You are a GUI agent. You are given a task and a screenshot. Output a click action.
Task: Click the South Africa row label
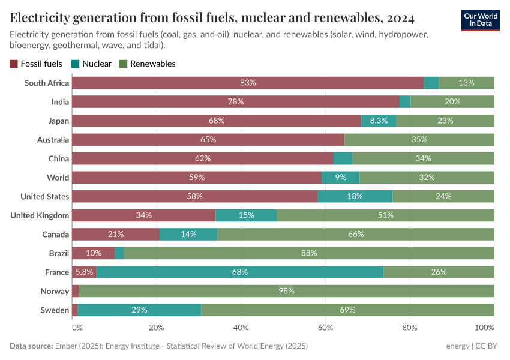(47, 83)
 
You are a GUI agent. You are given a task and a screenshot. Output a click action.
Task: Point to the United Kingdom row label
(40, 215)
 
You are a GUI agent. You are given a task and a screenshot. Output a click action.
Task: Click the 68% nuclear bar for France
(240, 272)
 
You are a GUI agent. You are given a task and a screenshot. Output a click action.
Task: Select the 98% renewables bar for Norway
(286, 291)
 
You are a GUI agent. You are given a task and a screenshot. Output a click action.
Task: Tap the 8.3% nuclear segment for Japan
(379, 121)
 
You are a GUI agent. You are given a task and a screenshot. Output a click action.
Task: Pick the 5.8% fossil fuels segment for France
(84, 272)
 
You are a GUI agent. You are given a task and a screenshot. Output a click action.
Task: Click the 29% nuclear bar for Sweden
(139, 310)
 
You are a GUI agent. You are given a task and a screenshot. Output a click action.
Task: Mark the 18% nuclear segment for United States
(355, 196)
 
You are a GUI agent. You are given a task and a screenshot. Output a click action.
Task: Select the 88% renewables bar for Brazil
(309, 253)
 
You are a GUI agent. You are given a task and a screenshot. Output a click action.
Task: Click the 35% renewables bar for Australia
(419, 140)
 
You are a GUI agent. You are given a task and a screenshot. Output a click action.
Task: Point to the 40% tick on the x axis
(241, 328)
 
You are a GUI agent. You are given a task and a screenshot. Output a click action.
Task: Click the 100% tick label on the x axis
(484, 328)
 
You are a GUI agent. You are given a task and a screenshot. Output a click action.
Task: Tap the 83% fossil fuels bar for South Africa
(248, 83)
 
